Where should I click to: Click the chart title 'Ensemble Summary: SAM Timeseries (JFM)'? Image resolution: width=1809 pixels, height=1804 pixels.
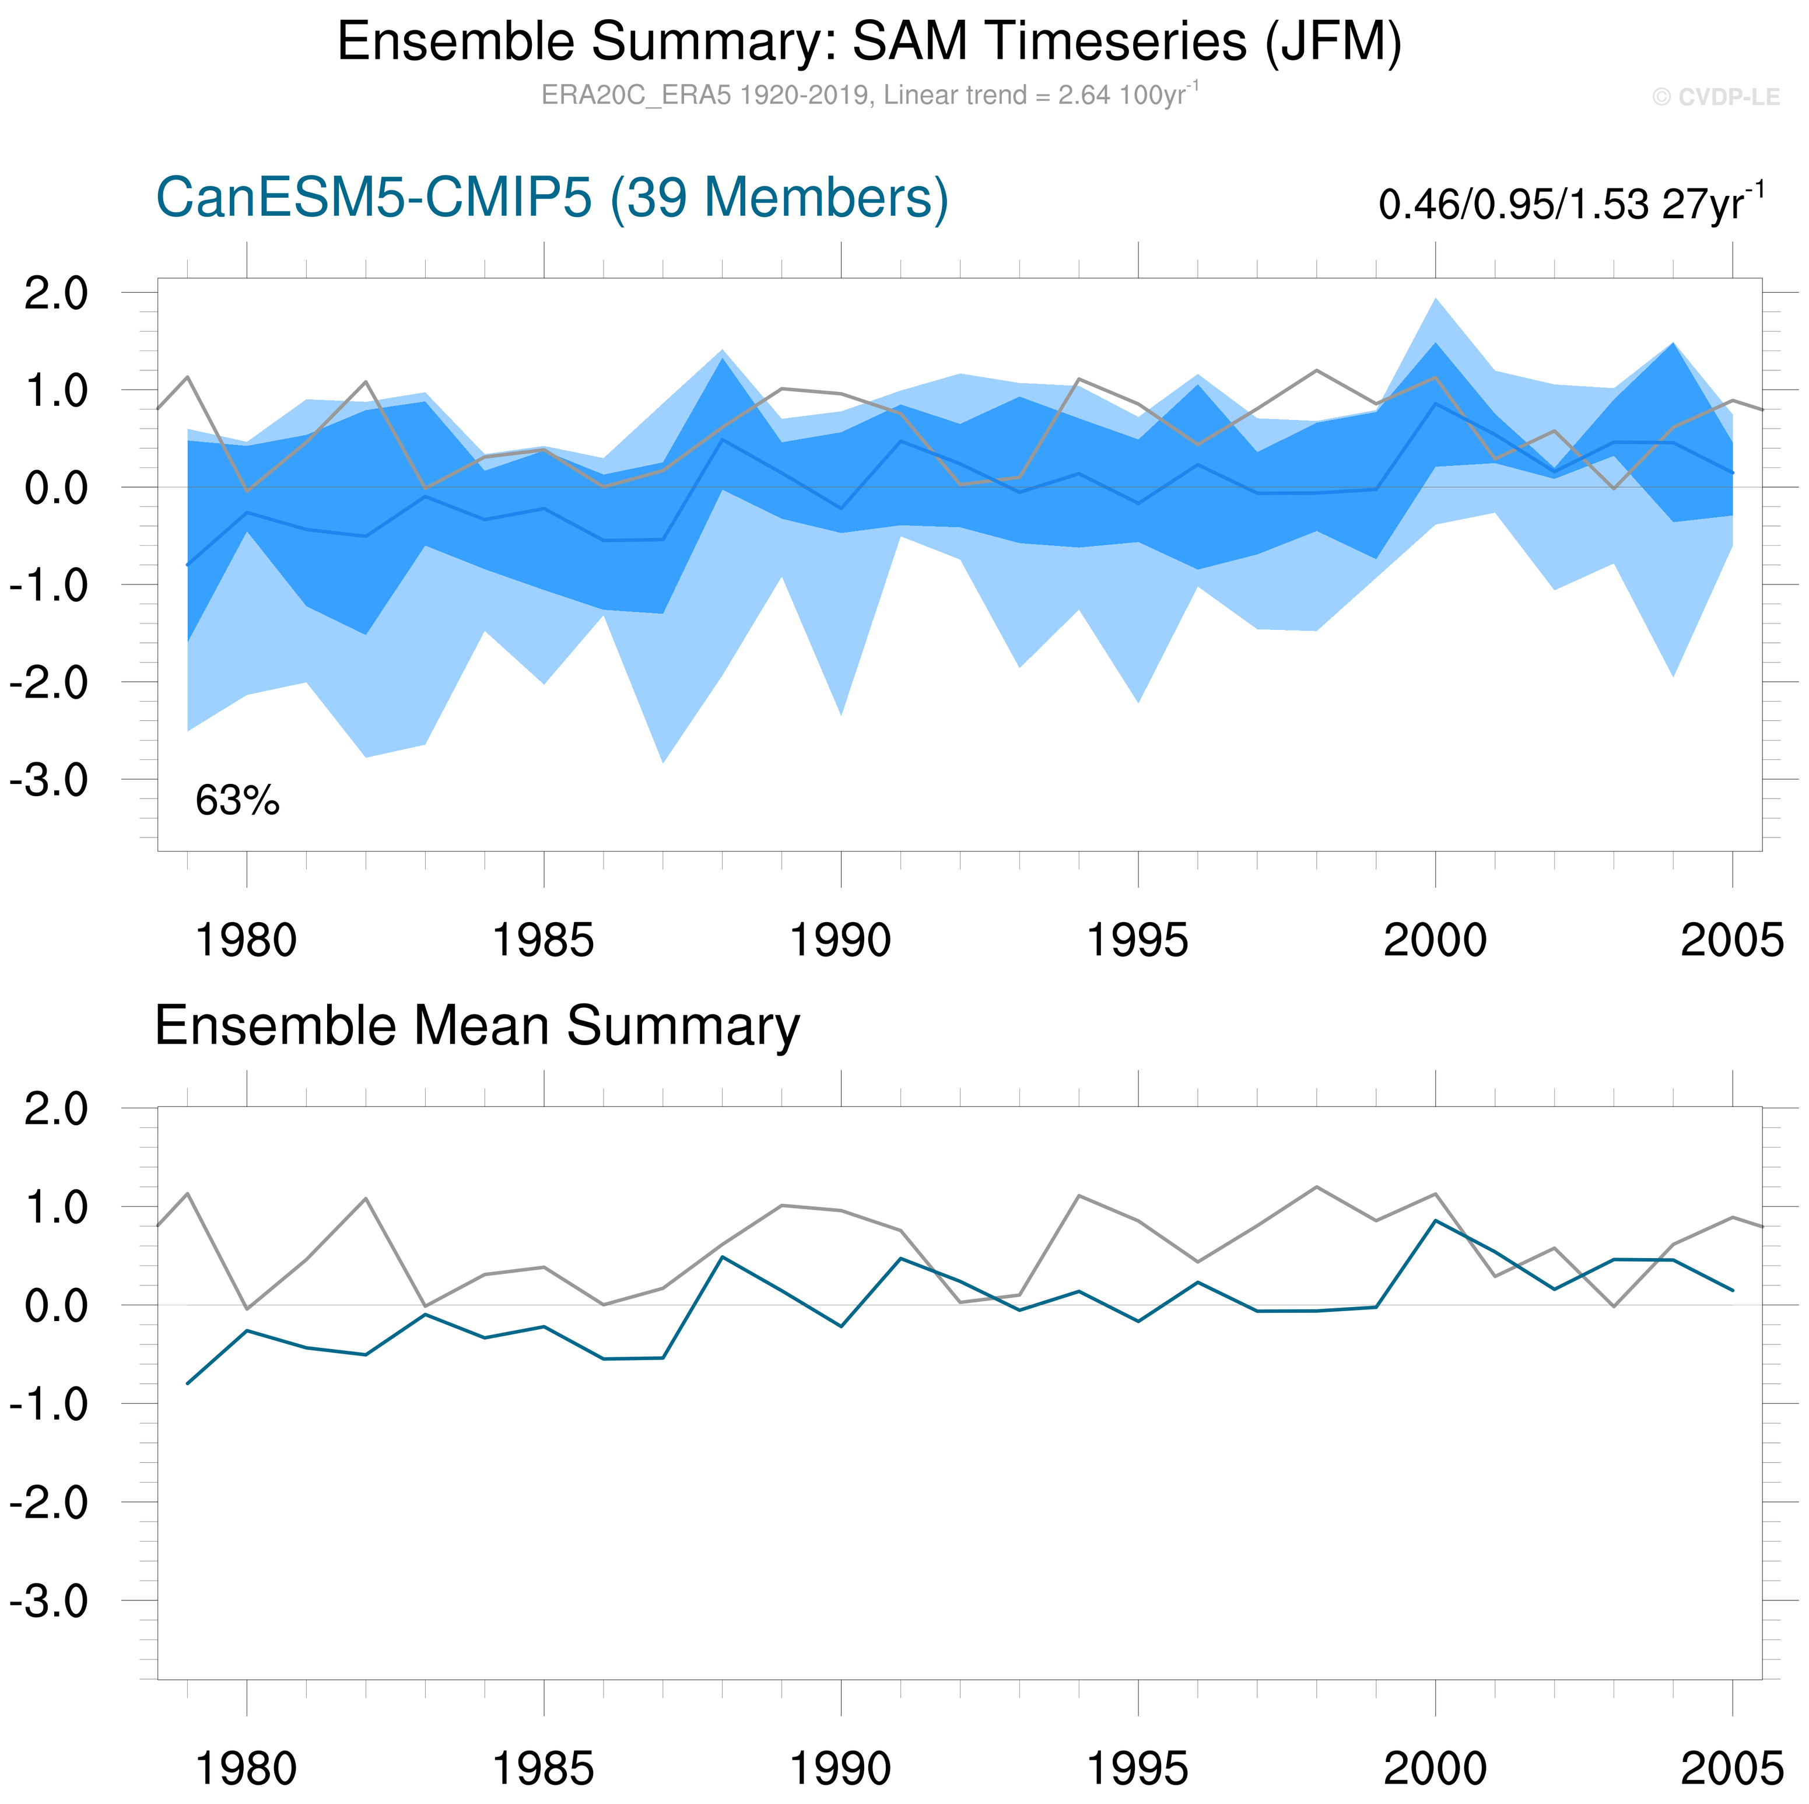coord(869,42)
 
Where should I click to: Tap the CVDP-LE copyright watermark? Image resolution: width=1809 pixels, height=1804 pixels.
coord(1715,97)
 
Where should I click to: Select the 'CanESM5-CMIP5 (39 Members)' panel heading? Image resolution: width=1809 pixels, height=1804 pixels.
coord(552,198)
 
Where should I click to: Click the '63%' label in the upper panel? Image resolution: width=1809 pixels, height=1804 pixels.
coord(237,801)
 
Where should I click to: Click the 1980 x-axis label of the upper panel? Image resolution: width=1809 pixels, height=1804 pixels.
coord(246,940)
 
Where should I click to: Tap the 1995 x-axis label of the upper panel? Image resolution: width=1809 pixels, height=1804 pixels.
coord(1138,940)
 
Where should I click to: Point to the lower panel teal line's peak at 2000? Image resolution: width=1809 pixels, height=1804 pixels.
coord(1435,1221)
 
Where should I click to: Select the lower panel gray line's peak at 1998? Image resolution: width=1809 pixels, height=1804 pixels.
coord(1316,1187)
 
